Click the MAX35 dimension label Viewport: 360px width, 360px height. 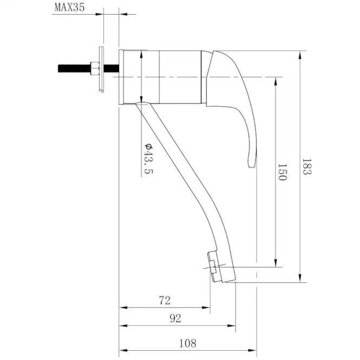(70, 8)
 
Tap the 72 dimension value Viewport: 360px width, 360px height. (165, 300)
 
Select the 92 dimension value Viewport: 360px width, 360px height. (175, 318)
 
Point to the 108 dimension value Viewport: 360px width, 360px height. (187, 343)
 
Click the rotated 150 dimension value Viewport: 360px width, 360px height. (283, 172)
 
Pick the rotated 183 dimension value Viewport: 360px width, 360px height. (307, 166)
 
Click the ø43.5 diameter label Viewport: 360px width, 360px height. (148, 159)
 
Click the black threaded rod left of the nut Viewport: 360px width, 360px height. (74, 68)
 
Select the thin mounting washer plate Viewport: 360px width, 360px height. (101, 69)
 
